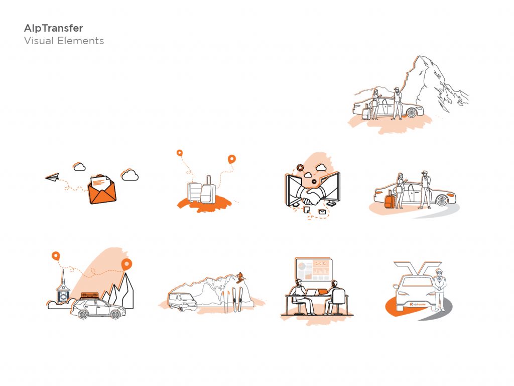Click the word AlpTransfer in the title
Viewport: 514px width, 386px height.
point(53,28)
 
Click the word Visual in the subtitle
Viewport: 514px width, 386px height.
point(39,41)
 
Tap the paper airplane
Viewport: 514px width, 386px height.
point(52,177)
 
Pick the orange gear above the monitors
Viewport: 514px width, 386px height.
point(300,168)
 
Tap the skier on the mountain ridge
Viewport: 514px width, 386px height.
point(240,277)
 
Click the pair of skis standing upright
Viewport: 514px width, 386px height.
point(238,300)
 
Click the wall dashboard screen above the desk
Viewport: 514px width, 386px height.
point(314,270)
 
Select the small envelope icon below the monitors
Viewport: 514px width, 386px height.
point(322,212)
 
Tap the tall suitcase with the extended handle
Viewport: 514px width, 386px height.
point(208,190)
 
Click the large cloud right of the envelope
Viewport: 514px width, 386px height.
point(130,175)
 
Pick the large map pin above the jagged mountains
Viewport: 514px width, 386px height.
point(126,264)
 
